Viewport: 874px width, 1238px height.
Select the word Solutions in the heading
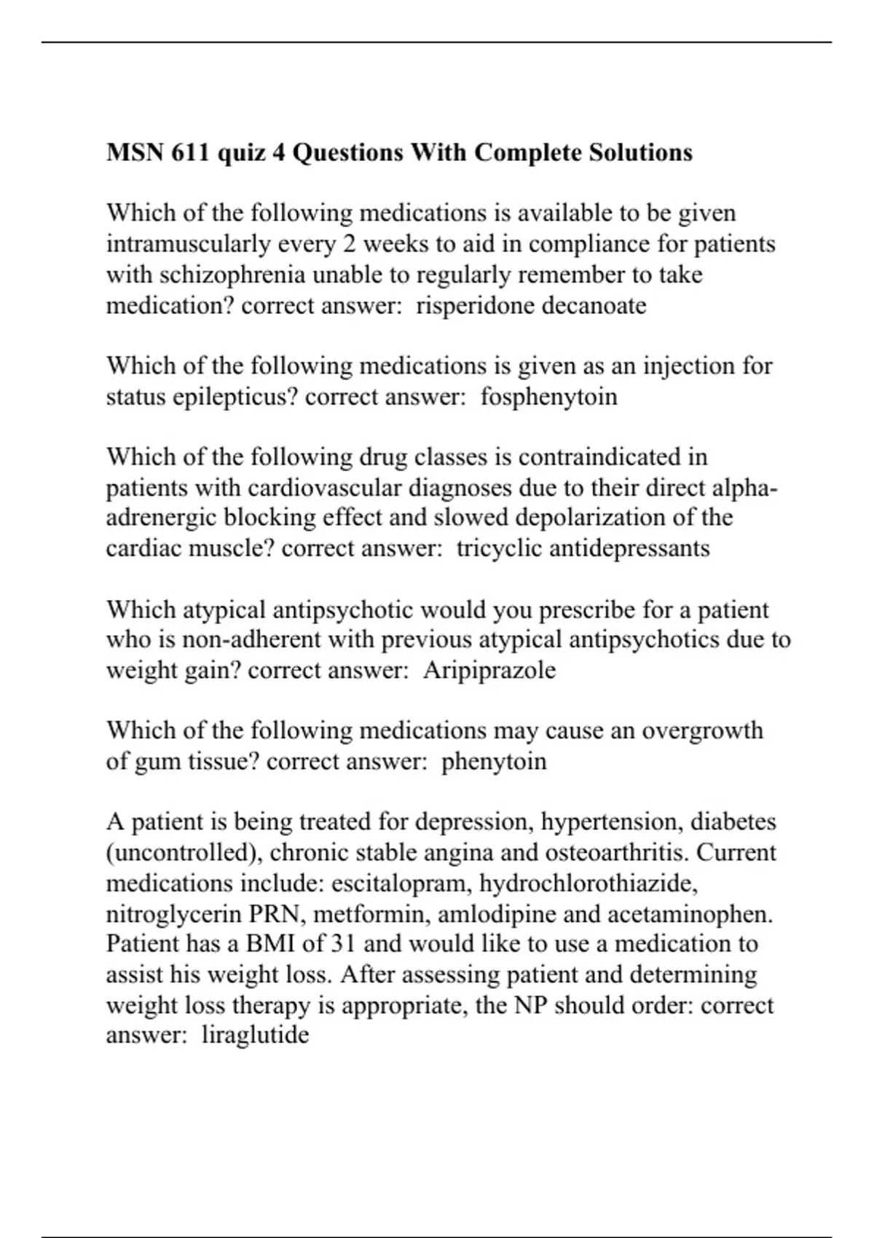pos(640,153)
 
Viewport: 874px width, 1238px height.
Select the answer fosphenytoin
pos(548,397)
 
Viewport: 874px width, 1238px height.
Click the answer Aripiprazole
pos(489,670)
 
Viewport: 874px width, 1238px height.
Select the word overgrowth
pos(702,730)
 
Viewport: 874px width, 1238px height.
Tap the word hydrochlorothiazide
pos(588,883)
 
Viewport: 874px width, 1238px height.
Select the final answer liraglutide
pos(255,1035)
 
